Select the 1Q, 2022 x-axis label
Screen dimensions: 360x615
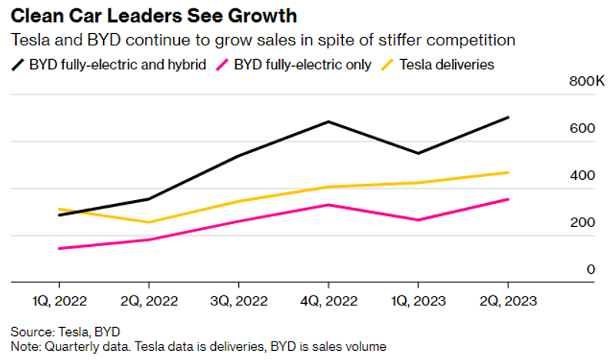pos(58,301)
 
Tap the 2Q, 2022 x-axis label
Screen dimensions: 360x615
pos(148,301)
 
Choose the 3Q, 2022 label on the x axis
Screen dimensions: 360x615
pos(238,301)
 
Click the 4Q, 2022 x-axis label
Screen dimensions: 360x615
pos(328,301)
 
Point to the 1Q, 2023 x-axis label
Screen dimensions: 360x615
pos(417,301)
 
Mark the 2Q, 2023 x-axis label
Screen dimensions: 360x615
pos(507,301)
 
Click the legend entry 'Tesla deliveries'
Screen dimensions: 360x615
pos(447,65)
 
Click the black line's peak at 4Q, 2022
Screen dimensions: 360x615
pos(328,122)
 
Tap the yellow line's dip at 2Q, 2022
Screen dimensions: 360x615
pos(148,222)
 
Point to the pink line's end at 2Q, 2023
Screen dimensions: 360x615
pos(507,199)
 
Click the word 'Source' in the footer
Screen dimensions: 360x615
pos(28,332)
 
